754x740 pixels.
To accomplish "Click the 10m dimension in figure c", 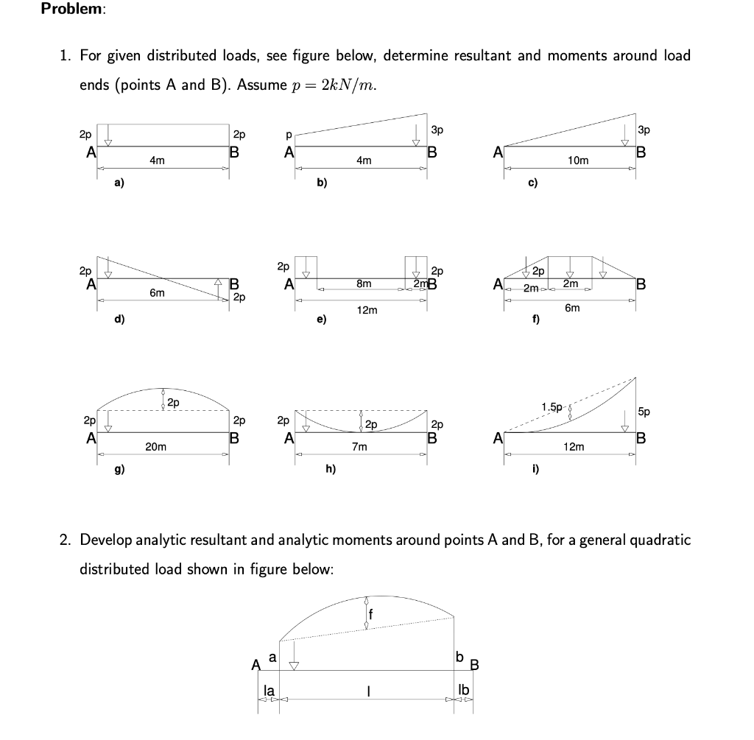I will (579, 161).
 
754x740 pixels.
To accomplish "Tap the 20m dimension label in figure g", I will (155, 446).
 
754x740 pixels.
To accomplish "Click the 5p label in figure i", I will (644, 412).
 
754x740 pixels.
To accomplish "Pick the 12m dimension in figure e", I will (367, 310).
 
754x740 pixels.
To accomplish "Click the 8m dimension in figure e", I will (364, 283).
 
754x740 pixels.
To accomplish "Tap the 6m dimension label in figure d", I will (157, 292).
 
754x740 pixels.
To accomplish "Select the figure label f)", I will (535, 319).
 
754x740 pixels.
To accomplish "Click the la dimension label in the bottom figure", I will (269, 690).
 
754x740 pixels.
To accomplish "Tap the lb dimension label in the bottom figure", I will (462, 690).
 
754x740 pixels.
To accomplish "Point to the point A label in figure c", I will (498, 153).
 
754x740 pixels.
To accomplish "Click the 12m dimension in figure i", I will (574, 446).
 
